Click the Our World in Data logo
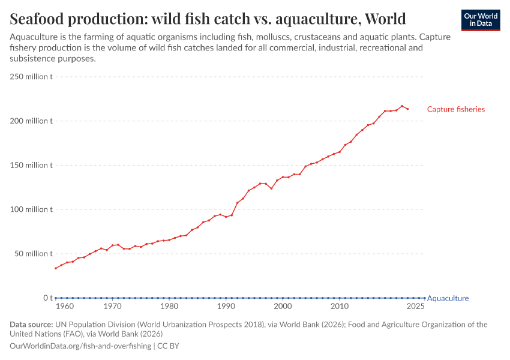click(x=481, y=20)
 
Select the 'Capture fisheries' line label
click(x=455, y=109)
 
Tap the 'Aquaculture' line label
click(x=448, y=298)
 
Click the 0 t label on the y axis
click(x=48, y=298)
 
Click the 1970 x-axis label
click(x=112, y=307)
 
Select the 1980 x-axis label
click(x=169, y=307)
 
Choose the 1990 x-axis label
click(x=226, y=307)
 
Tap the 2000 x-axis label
click(x=283, y=307)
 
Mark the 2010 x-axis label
click(x=340, y=307)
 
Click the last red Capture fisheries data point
click(x=408, y=109)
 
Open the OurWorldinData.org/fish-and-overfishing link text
click(x=80, y=346)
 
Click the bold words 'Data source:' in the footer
click(x=31, y=325)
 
